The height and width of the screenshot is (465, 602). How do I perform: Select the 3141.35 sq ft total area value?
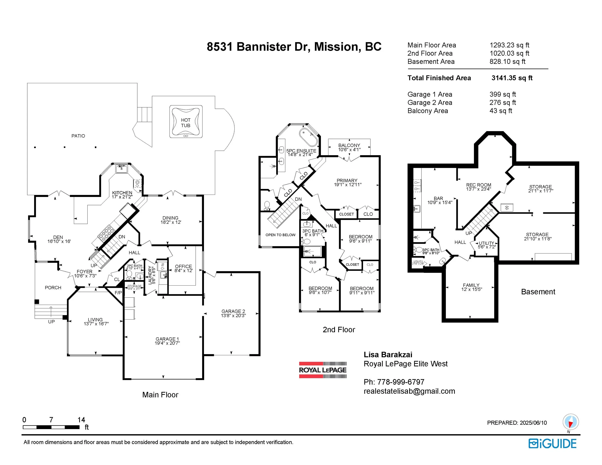(x=512, y=78)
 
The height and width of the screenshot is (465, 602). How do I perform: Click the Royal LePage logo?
(x=323, y=370)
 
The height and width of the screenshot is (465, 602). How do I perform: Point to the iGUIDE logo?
(x=552, y=444)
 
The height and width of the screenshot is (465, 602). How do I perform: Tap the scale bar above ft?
(x=51, y=427)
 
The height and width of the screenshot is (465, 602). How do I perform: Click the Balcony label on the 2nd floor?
(x=349, y=145)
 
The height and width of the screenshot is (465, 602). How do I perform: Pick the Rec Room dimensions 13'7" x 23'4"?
(x=479, y=189)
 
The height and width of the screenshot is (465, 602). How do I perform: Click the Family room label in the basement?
(x=471, y=285)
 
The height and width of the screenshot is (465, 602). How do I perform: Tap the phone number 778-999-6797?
(x=400, y=382)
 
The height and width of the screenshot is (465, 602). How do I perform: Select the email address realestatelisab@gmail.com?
(x=409, y=391)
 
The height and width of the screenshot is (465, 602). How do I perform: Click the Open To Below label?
(x=280, y=235)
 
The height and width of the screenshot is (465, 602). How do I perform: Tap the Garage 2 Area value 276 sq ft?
(x=502, y=103)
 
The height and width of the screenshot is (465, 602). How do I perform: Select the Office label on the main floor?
(x=183, y=266)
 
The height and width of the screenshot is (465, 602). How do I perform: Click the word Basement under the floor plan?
(x=538, y=292)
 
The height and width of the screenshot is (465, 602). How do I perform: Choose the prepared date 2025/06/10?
(x=533, y=423)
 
